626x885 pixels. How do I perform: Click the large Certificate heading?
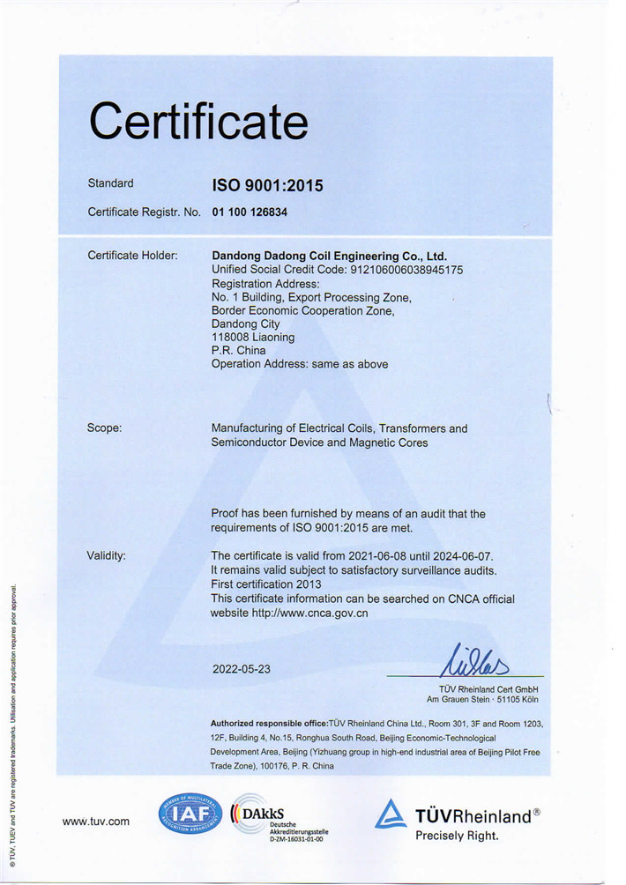198,121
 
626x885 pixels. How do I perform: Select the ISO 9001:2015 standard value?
267,185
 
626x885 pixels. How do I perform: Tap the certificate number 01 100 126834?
250,212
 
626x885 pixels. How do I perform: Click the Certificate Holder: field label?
132,256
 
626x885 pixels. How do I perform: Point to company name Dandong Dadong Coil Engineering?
329,256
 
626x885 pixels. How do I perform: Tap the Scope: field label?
104,428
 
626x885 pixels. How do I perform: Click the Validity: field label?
106,555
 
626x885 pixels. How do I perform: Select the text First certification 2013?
266,584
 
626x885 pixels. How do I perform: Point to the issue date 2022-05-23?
242,668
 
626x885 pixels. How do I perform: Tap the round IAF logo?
190,814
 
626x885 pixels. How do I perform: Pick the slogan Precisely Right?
457,835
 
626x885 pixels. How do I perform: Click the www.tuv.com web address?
95,822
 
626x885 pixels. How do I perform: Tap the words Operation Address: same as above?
300,364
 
